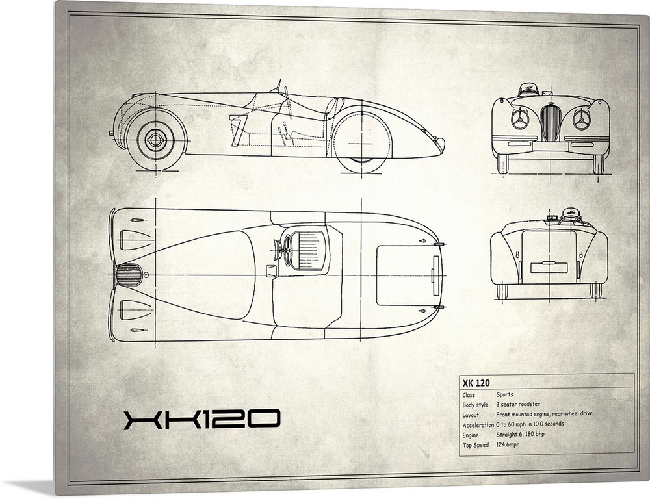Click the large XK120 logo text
coord(201,420)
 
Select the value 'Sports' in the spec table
coord(504,394)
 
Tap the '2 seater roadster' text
coord(517,404)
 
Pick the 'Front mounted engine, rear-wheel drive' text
coord(544,414)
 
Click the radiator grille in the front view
coord(549,122)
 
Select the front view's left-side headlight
coord(519,120)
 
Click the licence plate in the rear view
coord(549,267)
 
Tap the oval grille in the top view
coord(129,275)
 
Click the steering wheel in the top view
coord(287,249)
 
